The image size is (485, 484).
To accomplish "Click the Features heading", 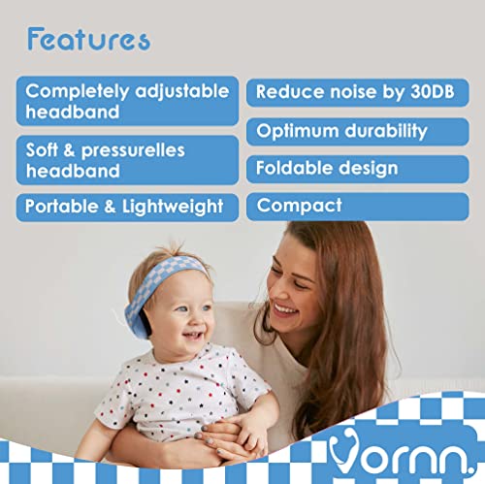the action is (88, 39).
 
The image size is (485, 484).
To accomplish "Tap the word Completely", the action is (78, 92).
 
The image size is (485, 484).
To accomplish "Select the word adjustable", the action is (182, 92).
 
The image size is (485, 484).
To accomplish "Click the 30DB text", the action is (433, 92).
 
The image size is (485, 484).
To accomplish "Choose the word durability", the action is (386, 131).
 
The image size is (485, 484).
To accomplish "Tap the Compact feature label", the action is (299, 206).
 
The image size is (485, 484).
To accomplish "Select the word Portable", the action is (62, 207).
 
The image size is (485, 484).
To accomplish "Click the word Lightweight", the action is (173, 207).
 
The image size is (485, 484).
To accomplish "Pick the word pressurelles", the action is (133, 151).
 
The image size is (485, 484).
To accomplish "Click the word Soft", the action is (42, 149).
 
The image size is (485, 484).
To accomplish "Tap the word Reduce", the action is (290, 92).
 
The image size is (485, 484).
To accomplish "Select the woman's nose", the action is (277, 290).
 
